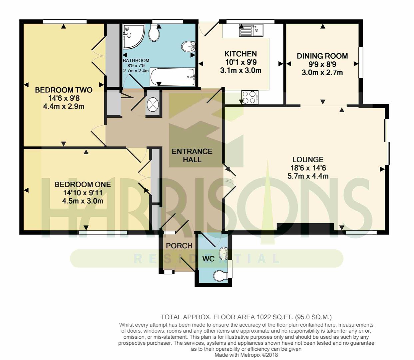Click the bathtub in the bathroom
coord(173,77)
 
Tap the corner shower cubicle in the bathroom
coord(134,37)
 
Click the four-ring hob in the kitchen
coord(250,97)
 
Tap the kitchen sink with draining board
coord(251,30)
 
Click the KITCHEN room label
coord(240,54)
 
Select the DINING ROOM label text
coord(322,56)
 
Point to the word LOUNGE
coord(308,160)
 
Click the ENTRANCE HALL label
coord(192,155)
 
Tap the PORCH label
coord(179,246)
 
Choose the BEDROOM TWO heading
coord(64,90)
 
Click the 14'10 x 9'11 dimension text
coord(83,193)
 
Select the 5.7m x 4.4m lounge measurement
coord(308,176)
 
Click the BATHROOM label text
coord(136,60)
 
